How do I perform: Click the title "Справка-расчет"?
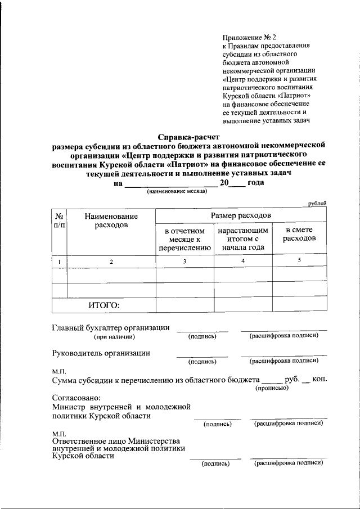188,137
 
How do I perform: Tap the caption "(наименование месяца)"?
177,192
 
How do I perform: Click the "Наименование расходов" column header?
111,220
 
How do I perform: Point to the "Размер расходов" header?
241,216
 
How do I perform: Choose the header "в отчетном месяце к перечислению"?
184,238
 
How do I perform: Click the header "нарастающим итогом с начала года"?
242,238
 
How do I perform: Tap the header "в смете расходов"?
299,234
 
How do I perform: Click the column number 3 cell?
184,261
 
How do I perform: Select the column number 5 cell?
299,260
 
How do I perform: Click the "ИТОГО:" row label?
104,305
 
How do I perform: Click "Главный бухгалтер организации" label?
110,328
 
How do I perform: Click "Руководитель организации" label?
101,353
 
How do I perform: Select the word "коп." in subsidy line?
319,380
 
